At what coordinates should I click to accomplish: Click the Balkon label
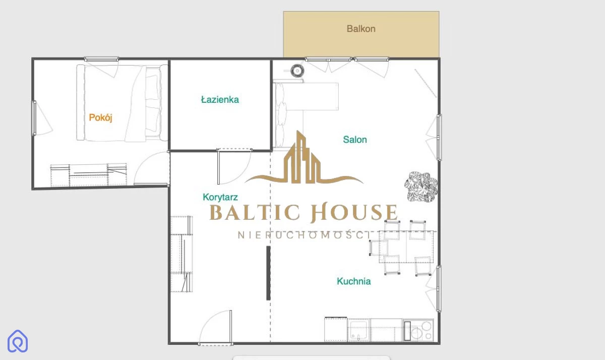click(361, 29)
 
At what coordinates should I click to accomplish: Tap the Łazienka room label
click(220, 100)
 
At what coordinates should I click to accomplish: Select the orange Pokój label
click(100, 118)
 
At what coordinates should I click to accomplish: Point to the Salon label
click(355, 140)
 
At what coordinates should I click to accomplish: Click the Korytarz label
click(220, 197)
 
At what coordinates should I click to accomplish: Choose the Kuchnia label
click(353, 281)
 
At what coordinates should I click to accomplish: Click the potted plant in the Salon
click(421, 187)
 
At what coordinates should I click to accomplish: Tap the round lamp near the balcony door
click(297, 71)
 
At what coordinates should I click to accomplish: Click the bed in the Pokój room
click(122, 103)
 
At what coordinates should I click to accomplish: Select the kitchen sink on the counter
click(358, 330)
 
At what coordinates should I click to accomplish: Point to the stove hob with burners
click(418, 330)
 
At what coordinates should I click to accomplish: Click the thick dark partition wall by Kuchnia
click(268, 273)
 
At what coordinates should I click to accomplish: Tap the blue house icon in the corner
click(18, 341)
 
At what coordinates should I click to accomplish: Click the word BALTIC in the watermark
click(255, 212)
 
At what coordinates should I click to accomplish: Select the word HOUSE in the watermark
click(354, 212)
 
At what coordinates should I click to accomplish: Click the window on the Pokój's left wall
click(34, 118)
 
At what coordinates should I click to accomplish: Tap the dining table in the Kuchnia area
click(406, 247)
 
